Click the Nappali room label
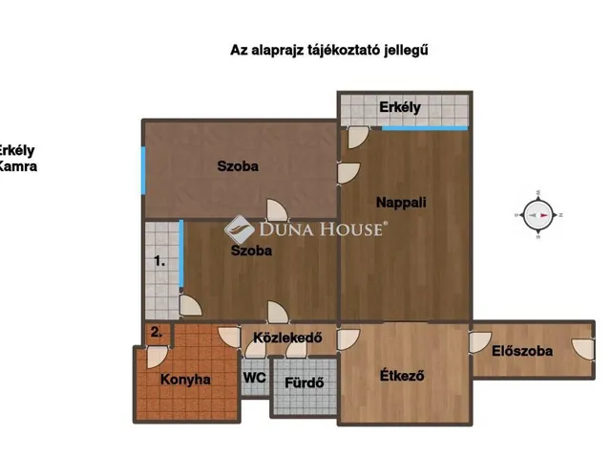(x=401, y=203)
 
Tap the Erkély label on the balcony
(x=399, y=107)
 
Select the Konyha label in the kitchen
(x=185, y=380)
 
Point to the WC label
(x=255, y=378)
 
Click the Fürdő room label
(x=305, y=384)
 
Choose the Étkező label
(x=402, y=375)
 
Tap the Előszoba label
(x=522, y=351)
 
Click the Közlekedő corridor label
(x=287, y=338)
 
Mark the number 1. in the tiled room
(x=160, y=259)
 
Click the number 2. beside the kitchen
(x=156, y=333)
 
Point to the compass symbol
(x=539, y=215)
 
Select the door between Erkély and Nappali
(x=356, y=137)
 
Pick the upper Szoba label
(x=238, y=166)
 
